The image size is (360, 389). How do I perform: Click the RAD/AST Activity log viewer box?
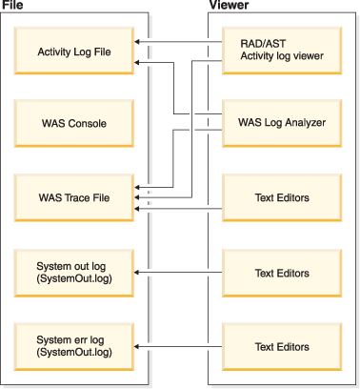coord(281,49)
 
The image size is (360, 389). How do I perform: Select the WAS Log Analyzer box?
coord(281,124)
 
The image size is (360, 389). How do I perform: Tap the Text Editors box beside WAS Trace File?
coord(281,198)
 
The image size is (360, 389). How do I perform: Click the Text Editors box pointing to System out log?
coord(281,273)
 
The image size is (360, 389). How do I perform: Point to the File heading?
coord(12,7)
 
